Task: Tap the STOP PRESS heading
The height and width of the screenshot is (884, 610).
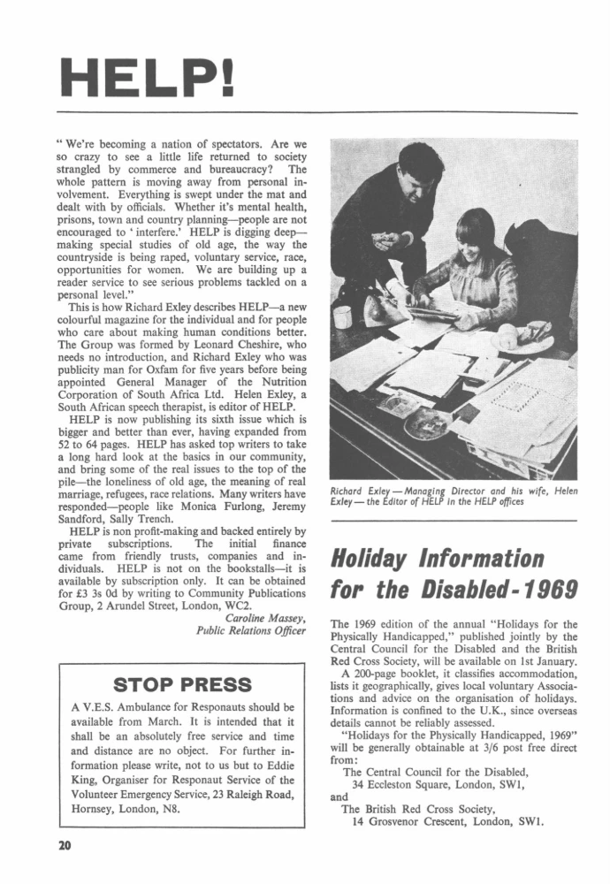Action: pos(182,684)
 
